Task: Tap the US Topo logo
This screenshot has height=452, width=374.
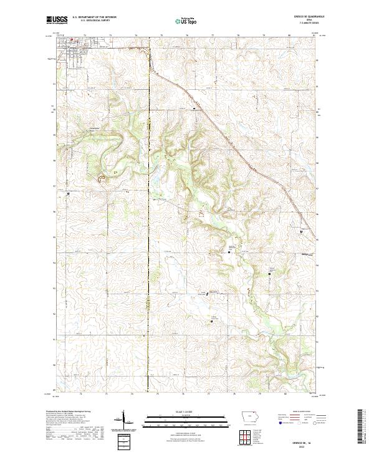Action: pos(186,20)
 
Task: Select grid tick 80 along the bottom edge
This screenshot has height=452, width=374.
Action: pos(285,394)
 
